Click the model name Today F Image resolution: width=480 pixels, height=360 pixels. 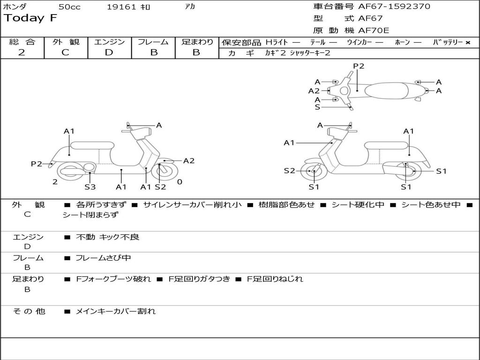point(30,19)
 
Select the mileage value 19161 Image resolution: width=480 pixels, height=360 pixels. point(121,7)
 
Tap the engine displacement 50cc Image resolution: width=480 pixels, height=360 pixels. point(69,7)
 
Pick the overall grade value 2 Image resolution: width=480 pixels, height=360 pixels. point(22,52)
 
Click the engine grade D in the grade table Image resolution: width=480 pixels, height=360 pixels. point(109,52)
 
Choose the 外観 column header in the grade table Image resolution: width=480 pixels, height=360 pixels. point(66,42)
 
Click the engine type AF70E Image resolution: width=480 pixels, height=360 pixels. point(374,31)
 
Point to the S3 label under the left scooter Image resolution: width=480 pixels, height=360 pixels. point(90,187)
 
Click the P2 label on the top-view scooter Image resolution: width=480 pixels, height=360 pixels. point(359,66)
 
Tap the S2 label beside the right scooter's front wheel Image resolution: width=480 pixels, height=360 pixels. point(289,171)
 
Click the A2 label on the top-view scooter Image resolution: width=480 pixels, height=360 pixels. point(314,91)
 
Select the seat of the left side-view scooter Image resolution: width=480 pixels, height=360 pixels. point(91,145)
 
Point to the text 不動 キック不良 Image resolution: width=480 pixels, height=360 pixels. point(107,237)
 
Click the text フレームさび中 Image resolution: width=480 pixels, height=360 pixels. point(103,258)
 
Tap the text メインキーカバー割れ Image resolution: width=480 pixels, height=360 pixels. point(115,311)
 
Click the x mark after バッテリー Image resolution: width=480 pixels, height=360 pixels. point(468,43)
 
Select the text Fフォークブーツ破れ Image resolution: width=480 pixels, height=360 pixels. point(113,279)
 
